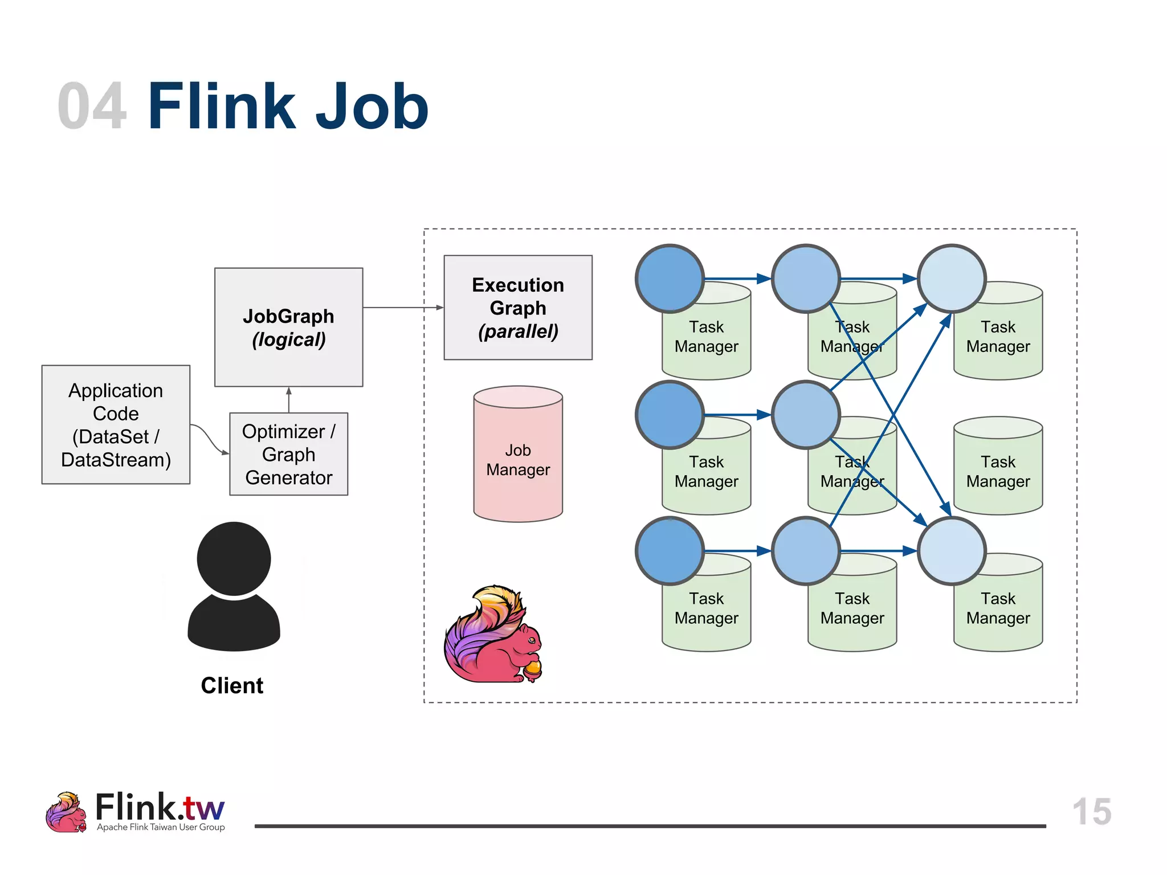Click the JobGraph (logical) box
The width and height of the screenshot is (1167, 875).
288,327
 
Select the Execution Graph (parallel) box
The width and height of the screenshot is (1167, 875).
517,307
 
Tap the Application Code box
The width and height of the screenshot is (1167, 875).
116,424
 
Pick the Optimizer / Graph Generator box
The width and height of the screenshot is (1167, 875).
288,454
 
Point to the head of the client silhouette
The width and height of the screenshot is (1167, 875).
234,558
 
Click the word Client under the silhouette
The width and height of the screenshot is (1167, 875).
232,685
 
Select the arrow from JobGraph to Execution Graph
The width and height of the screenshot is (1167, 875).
402,308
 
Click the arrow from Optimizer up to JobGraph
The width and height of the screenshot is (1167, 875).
289,400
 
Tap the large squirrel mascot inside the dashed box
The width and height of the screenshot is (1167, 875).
493,635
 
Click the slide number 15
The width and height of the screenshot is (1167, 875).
1091,811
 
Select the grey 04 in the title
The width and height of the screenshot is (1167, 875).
92,107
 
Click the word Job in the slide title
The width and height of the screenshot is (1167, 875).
371,107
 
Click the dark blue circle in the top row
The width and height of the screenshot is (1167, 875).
670,279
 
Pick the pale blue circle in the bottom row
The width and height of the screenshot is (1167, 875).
952,551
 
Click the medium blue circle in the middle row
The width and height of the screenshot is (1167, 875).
806,415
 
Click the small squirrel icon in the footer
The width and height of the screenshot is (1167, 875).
66,812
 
